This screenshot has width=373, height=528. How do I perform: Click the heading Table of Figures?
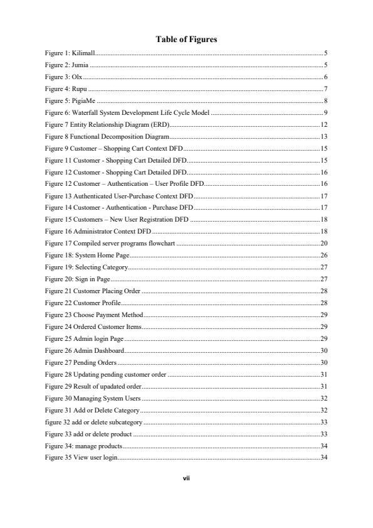tap(186, 39)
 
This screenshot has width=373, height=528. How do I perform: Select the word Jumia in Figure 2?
tap(81, 65)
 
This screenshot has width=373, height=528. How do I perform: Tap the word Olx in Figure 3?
tap(78, 76)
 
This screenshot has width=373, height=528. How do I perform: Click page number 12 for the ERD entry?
tap(324, 125)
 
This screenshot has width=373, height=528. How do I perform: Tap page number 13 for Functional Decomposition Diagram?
tap(324, 136)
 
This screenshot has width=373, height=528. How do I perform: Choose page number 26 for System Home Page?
tap(324, 255)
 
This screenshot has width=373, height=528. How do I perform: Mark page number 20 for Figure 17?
tap(324, 243)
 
